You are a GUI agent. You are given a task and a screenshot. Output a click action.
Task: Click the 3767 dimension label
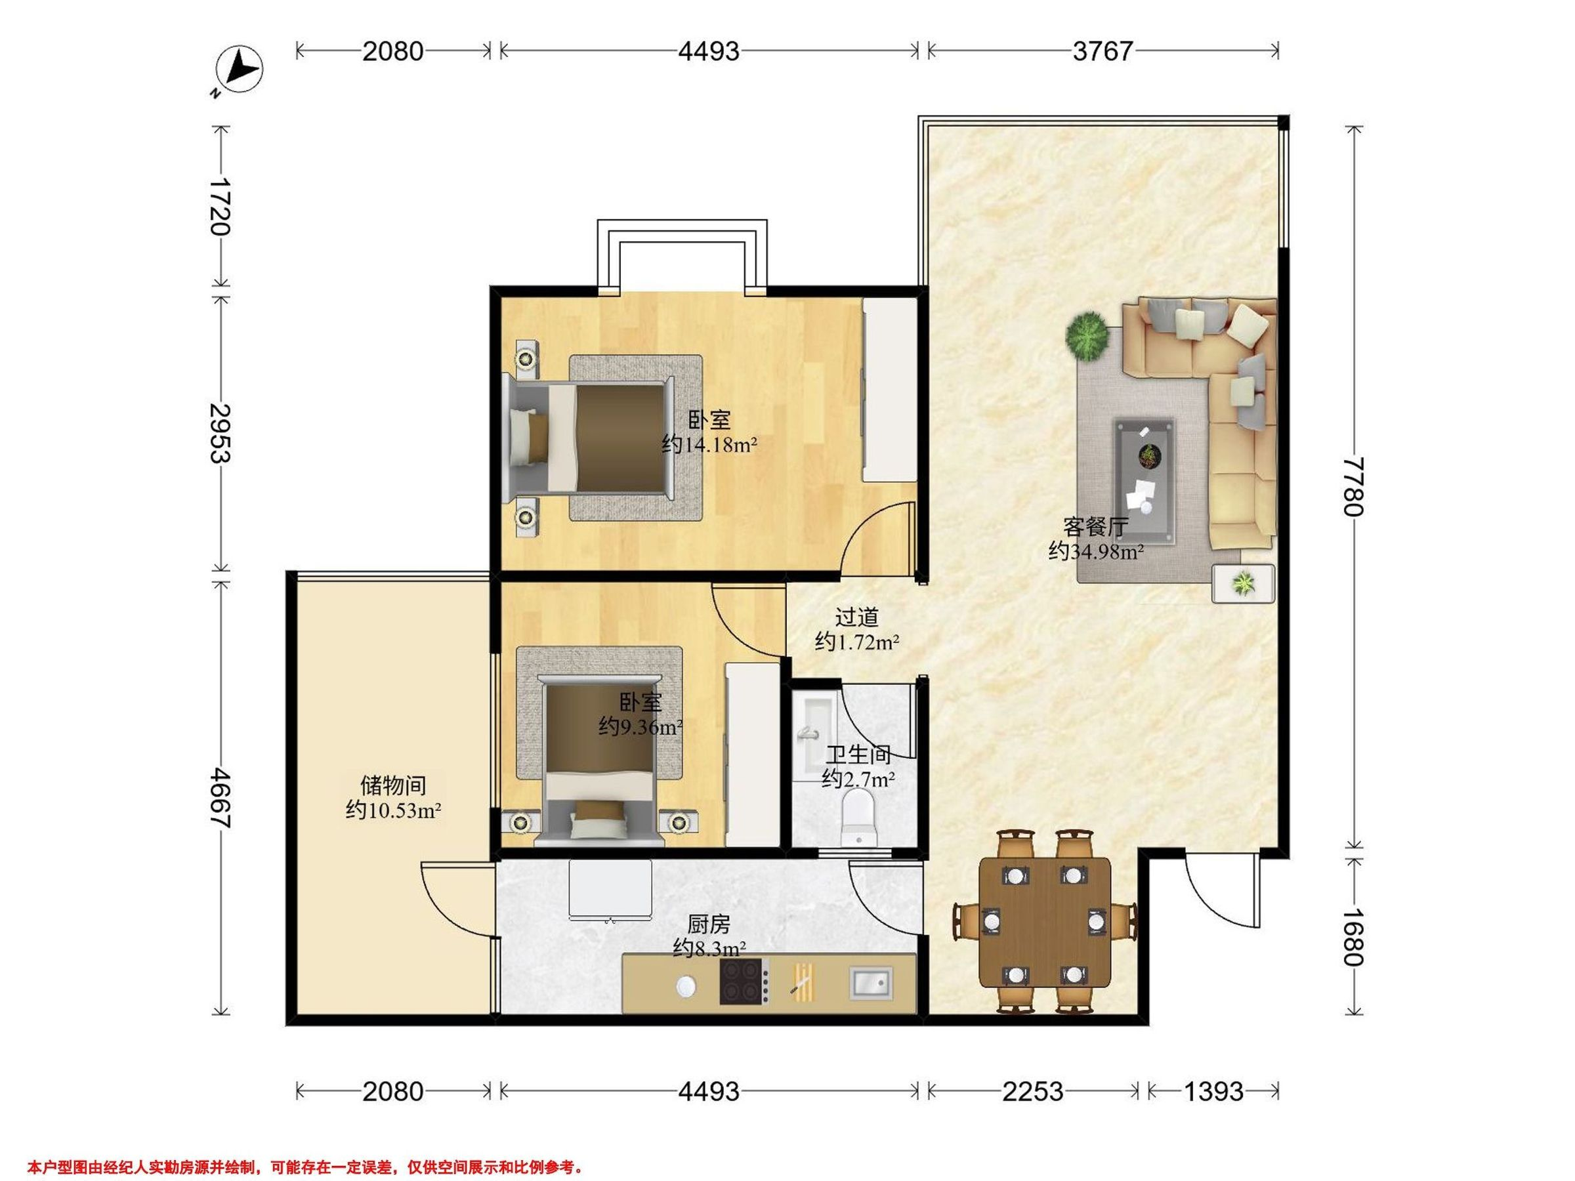pyautogui.click(x=1103, y=51)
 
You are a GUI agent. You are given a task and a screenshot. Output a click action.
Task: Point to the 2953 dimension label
pyautogui.click(x=220, y=433)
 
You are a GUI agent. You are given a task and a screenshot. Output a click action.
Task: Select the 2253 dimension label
pyautogui.click(x=1032, y=1091)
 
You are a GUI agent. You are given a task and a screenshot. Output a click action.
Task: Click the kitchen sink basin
pyautogui.click(x=870, y=983)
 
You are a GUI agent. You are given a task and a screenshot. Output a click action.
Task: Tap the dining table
pyautogui.click(x=1045, y=922)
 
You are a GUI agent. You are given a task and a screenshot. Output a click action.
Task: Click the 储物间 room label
pyautogui.click(x=393, y=785)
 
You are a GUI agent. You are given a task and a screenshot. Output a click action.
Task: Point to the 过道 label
pyautogui.click(x=857, y=617)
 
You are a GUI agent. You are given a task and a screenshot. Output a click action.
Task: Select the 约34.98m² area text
pyautogui.click(x=1096, y=551)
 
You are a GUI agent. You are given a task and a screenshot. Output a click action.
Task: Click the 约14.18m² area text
pyautogui.click(x=709, y=445)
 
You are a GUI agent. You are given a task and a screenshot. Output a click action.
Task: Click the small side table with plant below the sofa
pyautogui.click(x=1243, y=584)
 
